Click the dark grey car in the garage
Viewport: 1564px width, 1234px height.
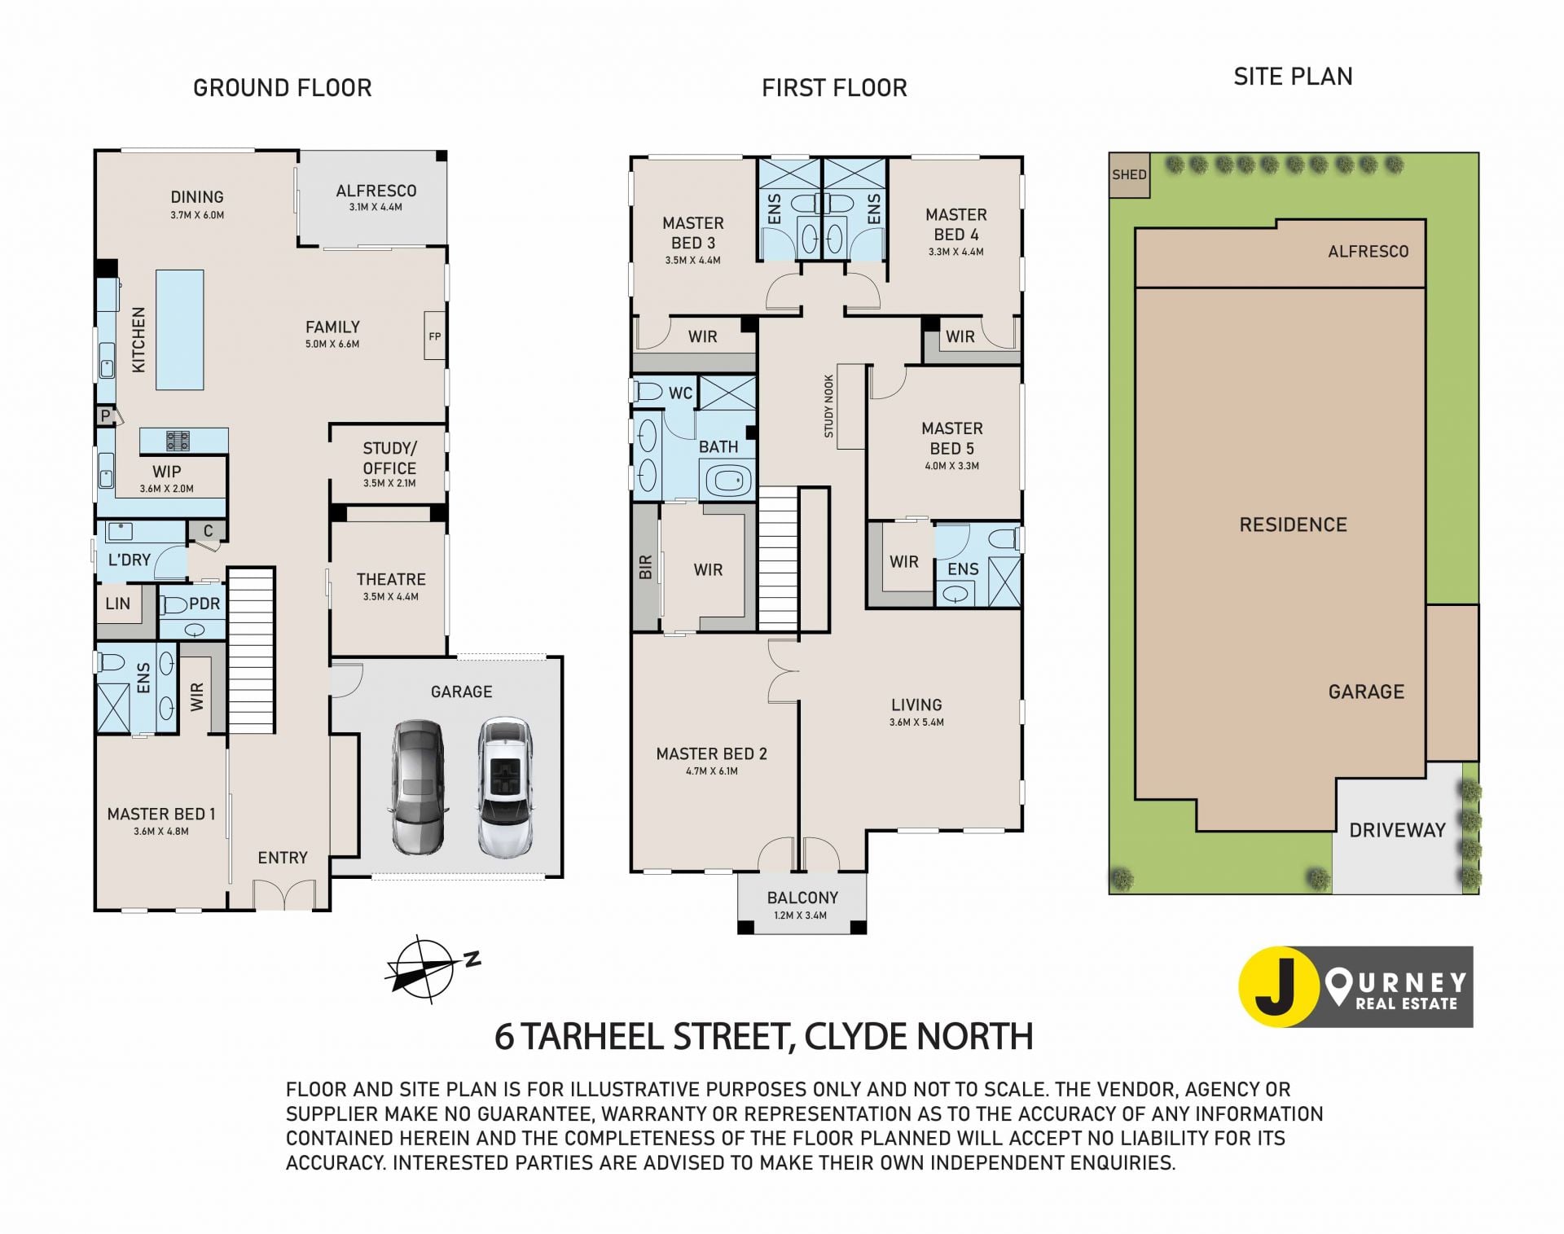click(x=420, y=788)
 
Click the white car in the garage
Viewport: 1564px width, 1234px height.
click(x=505, y=788)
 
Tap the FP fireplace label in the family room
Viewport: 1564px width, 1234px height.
click(x=435, y=336)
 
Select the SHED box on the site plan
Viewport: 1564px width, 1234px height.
click(x=1129, y=174)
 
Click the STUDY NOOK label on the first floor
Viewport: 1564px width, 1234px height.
click(x=828, y=406)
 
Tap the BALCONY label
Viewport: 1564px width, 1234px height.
click(x=802, y=898)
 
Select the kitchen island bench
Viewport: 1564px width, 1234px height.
click(x=179, y=330)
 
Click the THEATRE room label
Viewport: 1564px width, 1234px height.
click(x=391, y=579)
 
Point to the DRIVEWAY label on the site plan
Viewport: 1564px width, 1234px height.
click(x=1397, y=830)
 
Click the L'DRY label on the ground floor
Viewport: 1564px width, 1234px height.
click(x=130, y=560)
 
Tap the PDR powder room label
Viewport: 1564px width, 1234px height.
click(x=204, y=604)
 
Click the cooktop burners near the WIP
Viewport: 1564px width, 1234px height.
click(x=178, y=441)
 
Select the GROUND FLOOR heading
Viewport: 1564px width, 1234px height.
click(x=282, y=88)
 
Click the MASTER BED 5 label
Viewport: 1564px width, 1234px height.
click(x=952, y=438)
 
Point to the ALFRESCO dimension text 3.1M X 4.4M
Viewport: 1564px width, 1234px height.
click(x=376, y=208)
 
